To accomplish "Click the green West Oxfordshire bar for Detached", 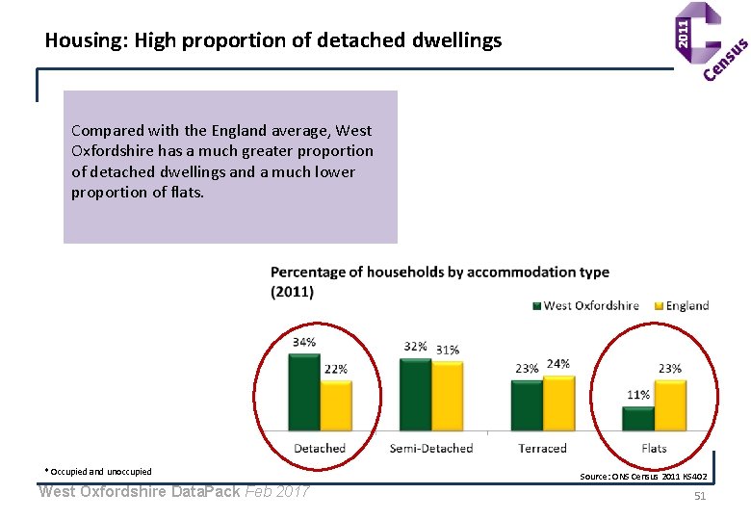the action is tap(304, 392).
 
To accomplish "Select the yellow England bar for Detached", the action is tap(336, 405).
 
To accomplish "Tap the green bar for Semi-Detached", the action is tap(416, 395).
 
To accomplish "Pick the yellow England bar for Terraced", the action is tap(559, 403).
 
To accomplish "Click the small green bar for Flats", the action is tap(638, 419).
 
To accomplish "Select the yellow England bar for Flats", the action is tap(670, 405).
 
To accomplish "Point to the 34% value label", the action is tap(304, 343).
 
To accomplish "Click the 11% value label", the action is tap(638, 395).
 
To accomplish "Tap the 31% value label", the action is tap(448, 351).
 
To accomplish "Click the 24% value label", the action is tap(558, 364).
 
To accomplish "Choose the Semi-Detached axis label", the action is tap(431, 449).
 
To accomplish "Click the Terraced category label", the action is tap(543, 449).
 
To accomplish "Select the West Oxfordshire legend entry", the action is tap(585, 306).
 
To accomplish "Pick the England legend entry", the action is tap(682, 306).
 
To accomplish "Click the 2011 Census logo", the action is tap(711, 41).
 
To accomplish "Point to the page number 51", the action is tap(700, 496).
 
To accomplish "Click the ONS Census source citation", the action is tap(643, 477).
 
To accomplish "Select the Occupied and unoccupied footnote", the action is tap(98, 472).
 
